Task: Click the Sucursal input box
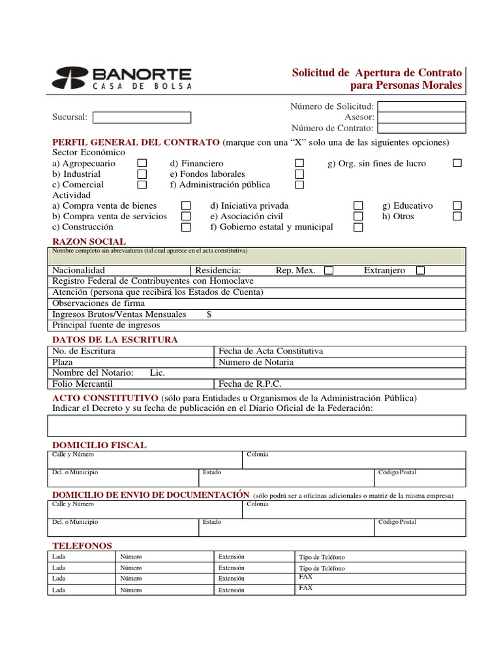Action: tap(142, 117)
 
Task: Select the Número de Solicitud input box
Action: tap(421, 106)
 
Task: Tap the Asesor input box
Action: tap(421, 117)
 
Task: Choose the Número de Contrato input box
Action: tap(421, 129)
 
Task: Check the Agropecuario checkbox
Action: tap(142, 163)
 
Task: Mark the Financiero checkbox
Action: tap(299, 163)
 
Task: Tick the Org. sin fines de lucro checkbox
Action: tap(457, 163)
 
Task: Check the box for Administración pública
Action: tap(299, 185)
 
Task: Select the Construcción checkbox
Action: tap(186, 227)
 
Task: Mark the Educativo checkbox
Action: tap(457, 205)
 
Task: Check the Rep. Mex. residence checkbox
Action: tap(329, 270)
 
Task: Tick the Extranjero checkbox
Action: tap(420, 270)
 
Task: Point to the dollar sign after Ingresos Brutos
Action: tap(209, 314)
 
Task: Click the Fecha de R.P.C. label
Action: tap(250, 384)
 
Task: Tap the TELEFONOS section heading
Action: tap(82, 545)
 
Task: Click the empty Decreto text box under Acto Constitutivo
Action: tap(256, 425)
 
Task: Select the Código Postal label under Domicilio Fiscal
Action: tap(397, 472)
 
